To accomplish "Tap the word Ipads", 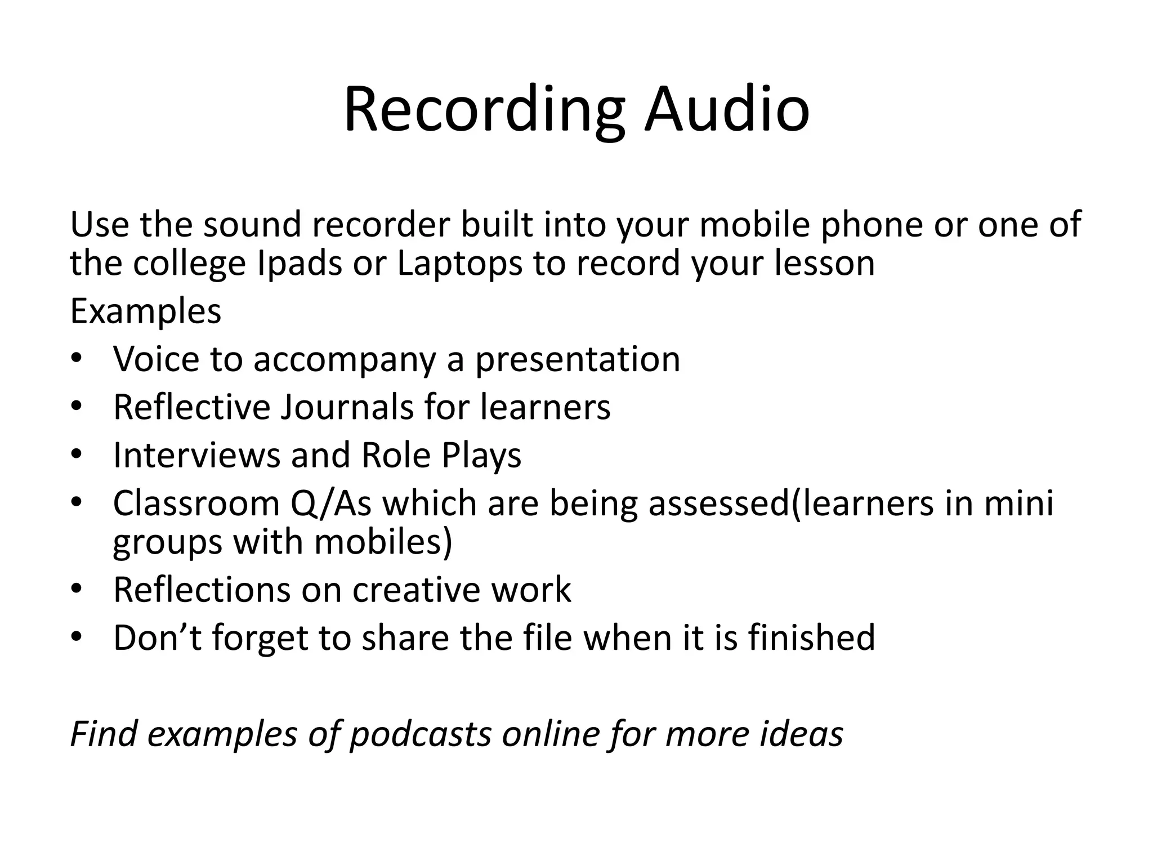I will point(299,263).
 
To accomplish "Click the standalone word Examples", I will point(145,311).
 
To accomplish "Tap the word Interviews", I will point(196,454).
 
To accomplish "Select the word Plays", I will point(481,456).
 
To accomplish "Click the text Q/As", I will point(331,503).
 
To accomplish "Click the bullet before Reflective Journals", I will point(77,407).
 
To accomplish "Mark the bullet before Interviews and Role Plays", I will point(77,454).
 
